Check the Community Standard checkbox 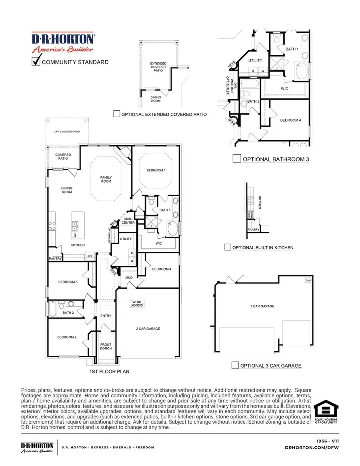coord(36,62)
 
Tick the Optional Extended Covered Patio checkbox coord(116,114)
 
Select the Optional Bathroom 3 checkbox coord(236,159)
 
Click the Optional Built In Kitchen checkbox coord(228,247)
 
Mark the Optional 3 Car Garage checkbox coord(236,365)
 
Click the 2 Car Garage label coord(148,329)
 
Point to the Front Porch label coord(106,346)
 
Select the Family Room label coord(106,179)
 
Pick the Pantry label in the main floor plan coord(54,259)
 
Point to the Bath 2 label coord(68,313)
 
